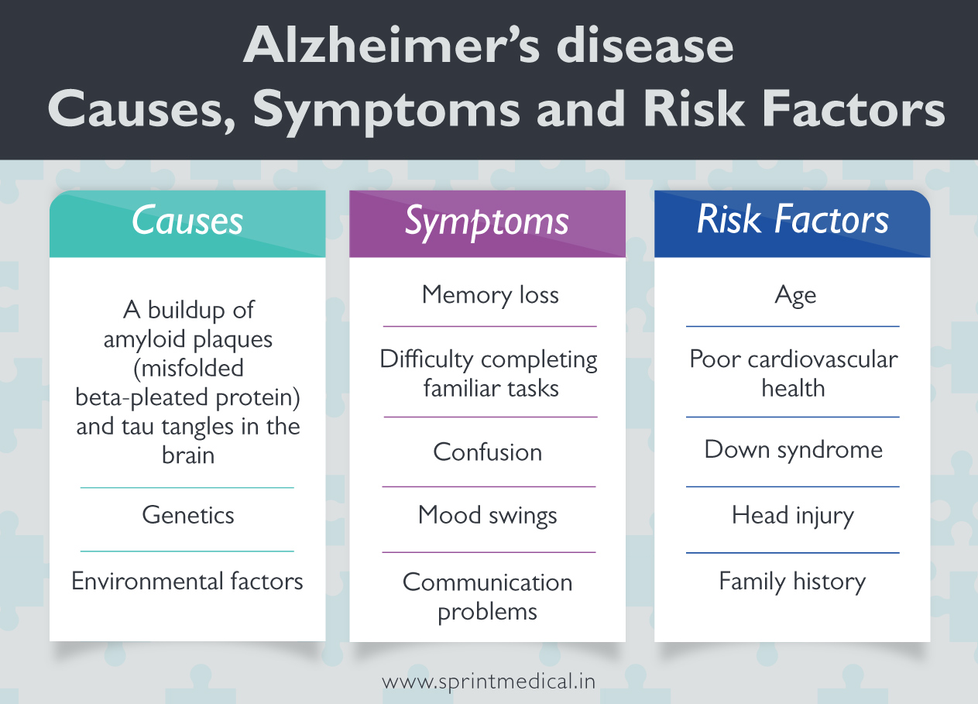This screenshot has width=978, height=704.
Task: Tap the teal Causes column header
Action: pyautogui.click(x=187, y=222)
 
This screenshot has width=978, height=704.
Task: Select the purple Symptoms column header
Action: pyautogui.click(x=487, y=222)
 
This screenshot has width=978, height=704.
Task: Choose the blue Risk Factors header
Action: pyautogui.click(x=792, y=221)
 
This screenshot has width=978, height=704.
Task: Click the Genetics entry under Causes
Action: pyautogui.click(x=187, y=516)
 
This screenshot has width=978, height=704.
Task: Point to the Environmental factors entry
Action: pyautogui.click(x=187, y=582)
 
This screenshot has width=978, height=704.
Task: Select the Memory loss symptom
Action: pyautogui.click(x=489, y=295)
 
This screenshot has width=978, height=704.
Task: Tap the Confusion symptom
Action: pyautogui.click(x=487, y=452)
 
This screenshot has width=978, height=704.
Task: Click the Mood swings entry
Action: pyautogui.click(x=487, y=516)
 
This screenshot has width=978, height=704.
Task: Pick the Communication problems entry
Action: pyautogui.click(x=487, y=596)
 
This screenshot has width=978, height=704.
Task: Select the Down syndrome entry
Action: pyautogui.click(x=793, y=450)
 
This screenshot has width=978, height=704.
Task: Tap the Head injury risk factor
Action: pyautogui.click(x=792, y=516)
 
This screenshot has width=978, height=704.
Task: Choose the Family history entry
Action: pyautogui.click(x=792, y=582)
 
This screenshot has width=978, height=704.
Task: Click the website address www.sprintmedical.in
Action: pyautogui.click(x=489, y=682)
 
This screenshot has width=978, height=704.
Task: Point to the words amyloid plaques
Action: pyautogui.click(x=188, y=339)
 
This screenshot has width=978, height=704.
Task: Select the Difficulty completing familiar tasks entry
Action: pyautogui.click(x=489, y=373)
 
